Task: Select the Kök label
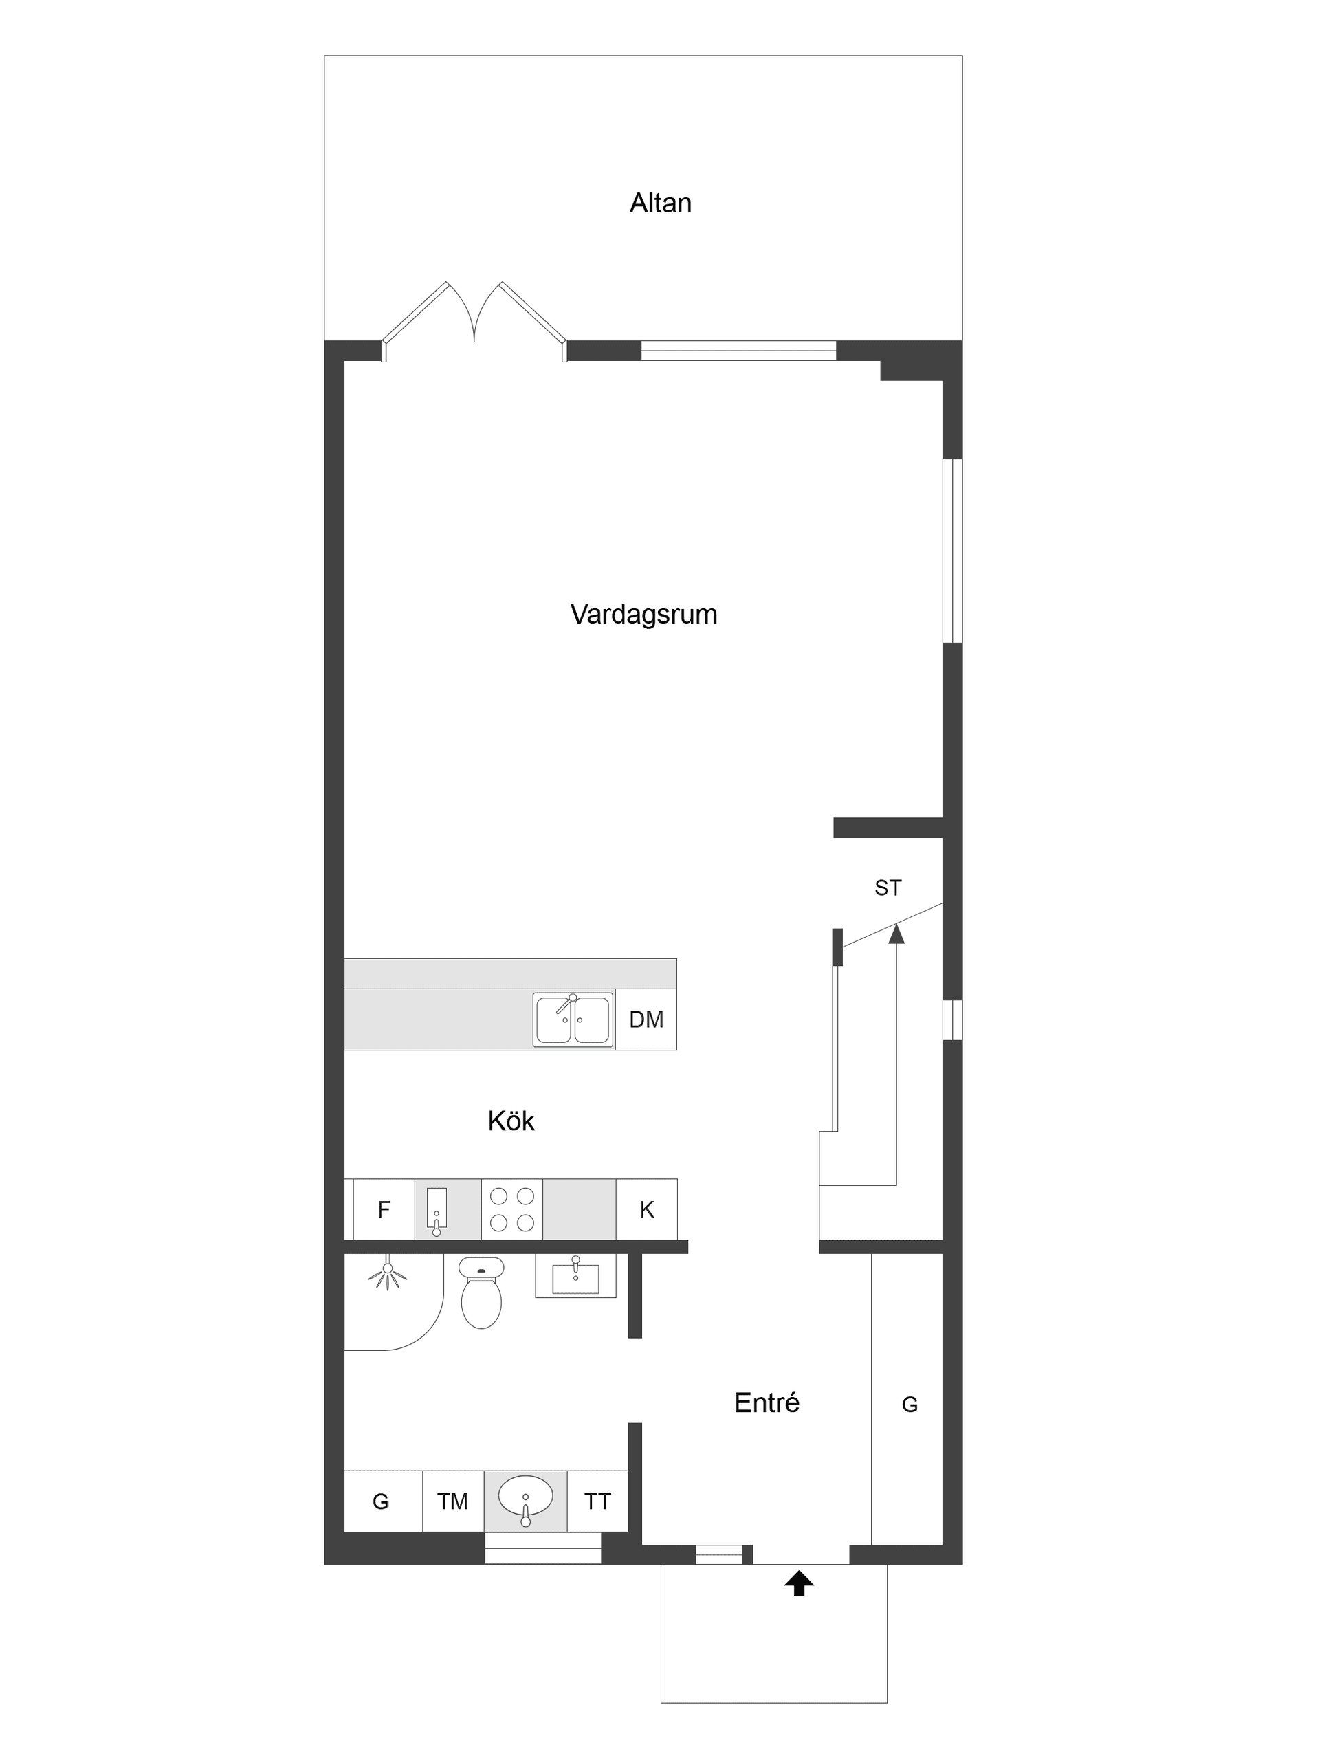(x=511, y=1121)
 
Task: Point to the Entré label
(x=767, y=1402)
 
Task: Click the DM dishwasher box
(x=646, y=1020)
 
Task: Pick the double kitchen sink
(x=573, y=1020)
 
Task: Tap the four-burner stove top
(x=511, y=1209)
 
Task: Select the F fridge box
(x=384, y=1209)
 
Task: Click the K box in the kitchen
(x=646, y=1209)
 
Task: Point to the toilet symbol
(x=481, y=1295)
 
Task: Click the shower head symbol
(x=388, y=1273)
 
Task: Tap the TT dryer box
(x=597, y=1501)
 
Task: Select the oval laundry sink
(x=525, y=1497)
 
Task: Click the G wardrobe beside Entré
(x=909, y=1405)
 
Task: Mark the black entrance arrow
(x=799, y=1583)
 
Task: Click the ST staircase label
(x=888, y=888)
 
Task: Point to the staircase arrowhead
(x=896, y=934)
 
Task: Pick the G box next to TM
(x=381, y=1501)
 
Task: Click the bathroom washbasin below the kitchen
(x=575, y=1277)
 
